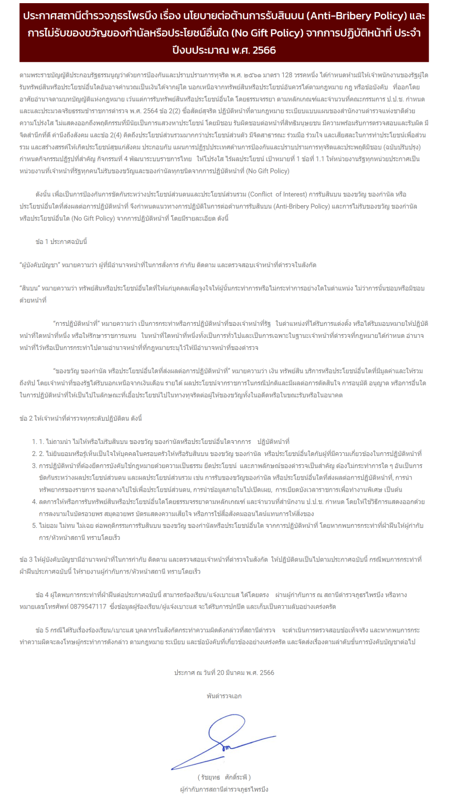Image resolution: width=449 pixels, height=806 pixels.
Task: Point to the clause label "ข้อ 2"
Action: [26, 418]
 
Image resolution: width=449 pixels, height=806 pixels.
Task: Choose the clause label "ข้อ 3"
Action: [26, 559]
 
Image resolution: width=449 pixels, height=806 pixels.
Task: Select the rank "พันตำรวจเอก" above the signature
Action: [224, 696]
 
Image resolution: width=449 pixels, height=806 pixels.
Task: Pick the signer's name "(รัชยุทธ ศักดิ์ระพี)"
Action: [224, 777]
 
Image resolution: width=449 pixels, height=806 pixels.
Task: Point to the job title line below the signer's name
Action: [224, 789]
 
